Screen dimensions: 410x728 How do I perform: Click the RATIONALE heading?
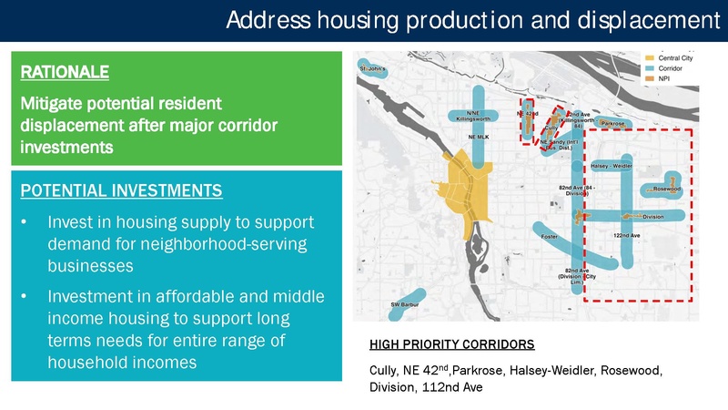pos(65,70)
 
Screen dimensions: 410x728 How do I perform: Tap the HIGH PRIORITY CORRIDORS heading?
pos(452,345)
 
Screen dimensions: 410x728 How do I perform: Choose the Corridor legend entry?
pos(664,68)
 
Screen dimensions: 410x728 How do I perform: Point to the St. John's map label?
pos(374,68)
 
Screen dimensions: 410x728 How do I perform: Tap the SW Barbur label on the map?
pos(405,304)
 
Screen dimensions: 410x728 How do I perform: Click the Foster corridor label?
pos(549,237)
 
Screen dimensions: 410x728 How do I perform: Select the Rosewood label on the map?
pos(665,190)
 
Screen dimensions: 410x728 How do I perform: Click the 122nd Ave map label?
pos(627,236)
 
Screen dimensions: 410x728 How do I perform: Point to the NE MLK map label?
pos(480,137)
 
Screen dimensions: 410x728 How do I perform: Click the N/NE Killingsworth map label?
pos(474,117)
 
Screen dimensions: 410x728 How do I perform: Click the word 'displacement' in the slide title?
pos(636,19)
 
